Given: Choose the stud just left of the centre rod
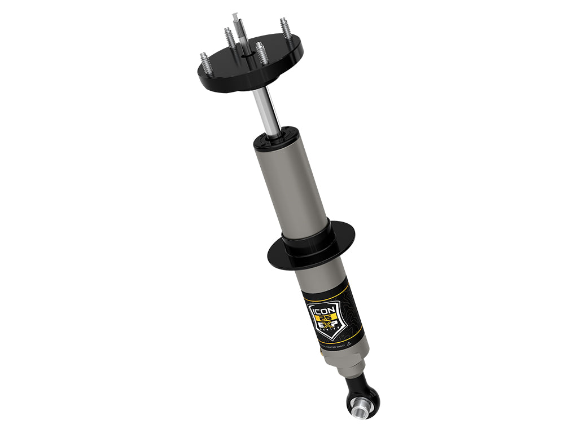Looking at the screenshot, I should click(x=229, y=38).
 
